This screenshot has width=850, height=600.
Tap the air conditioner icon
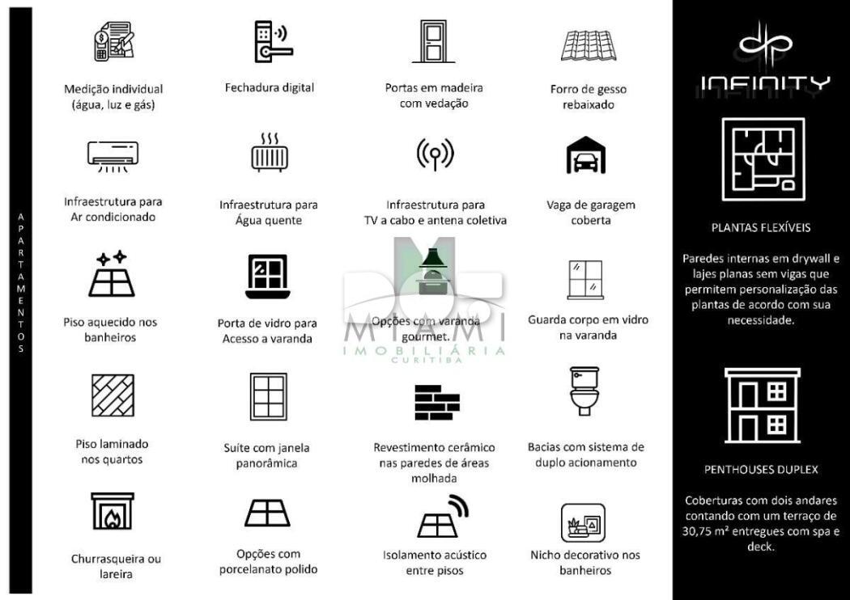pyautogui.click(x=113, y=155)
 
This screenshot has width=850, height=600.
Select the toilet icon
pyautogui.click(x=584, y=391)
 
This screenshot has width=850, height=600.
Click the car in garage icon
pyautogui.click(x=585, y=156)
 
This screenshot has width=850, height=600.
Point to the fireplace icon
pyautogui.click(x=112, y=512)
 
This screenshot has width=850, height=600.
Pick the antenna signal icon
pyautogui.click(x=435, y=154)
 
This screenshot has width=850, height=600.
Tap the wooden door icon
pyautogui.click(x=434, y=41)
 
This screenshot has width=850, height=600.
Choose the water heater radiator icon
pyautogui.click(x=269, y=153)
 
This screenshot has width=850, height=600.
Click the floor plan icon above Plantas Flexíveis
pyautogui.click(x=763, y=159)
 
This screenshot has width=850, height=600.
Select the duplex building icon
pyautogui.click(x=762, y=405)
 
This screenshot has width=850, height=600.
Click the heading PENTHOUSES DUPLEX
pyautogui.click(x=761, y=469)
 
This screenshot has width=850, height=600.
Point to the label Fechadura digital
pyautogui.click(x=269, y=87)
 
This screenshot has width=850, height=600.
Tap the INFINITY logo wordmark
pyautogui.click(x=764, y=83)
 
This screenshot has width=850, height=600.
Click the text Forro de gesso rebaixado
pyautogui.click(x=588, y=97)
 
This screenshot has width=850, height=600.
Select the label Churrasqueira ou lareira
pyautogui.click(x=112, y=566)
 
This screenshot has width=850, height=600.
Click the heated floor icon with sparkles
pyautogui.click(x=112, y=275)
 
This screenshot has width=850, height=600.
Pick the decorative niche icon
pyautogui.click(x=583, y=522)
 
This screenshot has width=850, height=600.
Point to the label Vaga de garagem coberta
pyautogui.click(x=590, y=212)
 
